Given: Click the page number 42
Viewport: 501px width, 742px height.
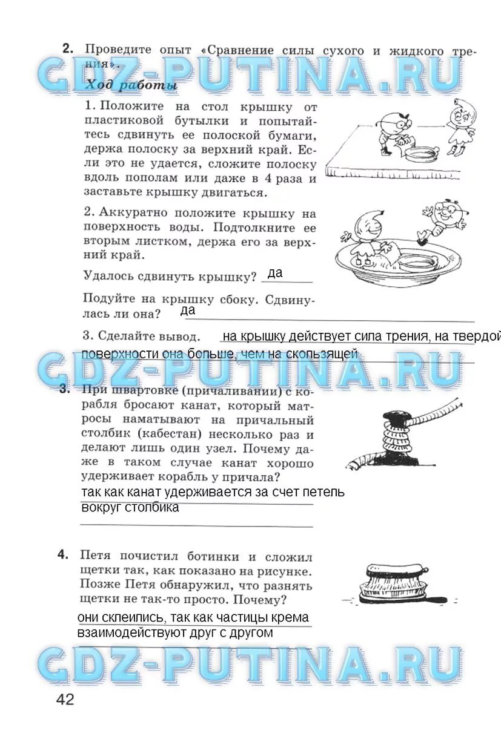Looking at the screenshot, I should (65, 700).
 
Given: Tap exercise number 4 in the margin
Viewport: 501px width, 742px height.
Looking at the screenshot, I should (63, 556).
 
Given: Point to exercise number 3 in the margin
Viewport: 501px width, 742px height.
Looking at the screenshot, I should (64, 390).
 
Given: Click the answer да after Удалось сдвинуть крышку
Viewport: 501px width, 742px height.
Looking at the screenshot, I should (274, 274).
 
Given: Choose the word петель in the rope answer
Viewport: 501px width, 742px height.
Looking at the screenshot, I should (325, 492).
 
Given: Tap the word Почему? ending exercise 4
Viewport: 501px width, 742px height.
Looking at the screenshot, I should (264, 600).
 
